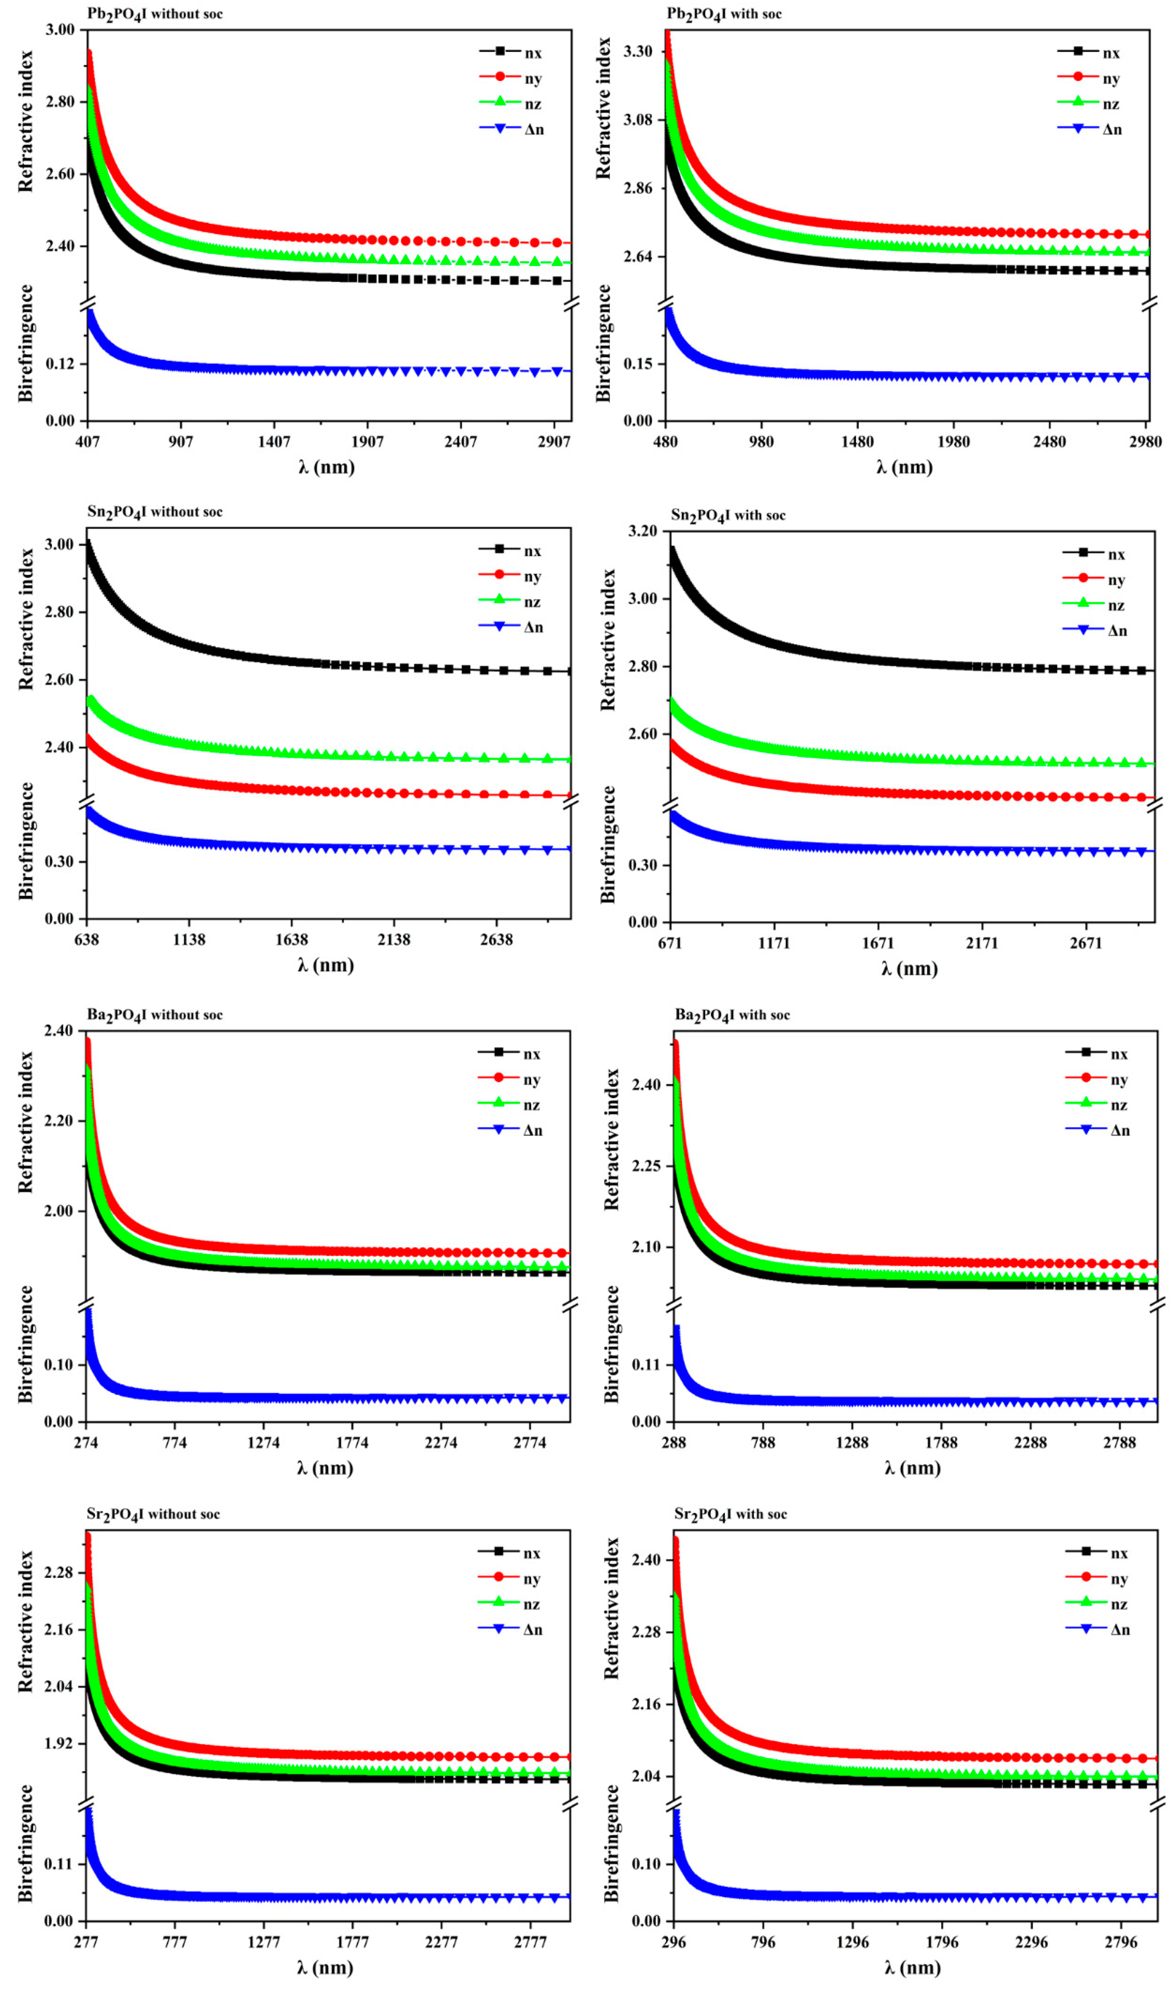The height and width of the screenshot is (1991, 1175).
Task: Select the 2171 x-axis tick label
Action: coord(982,943)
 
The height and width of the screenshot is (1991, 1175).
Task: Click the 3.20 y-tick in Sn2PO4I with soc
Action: coord(642,531)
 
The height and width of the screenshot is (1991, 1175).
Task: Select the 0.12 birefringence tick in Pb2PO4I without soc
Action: coord(60,364)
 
